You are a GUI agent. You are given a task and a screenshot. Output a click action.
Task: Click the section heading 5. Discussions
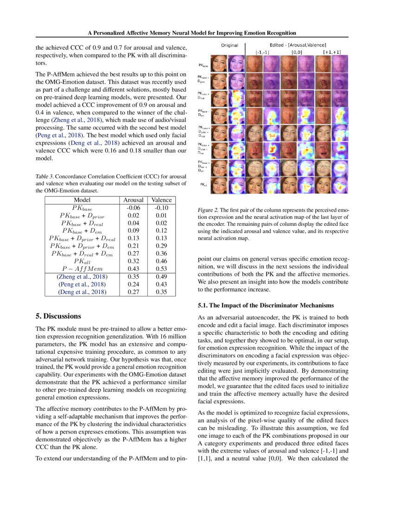[58, 316]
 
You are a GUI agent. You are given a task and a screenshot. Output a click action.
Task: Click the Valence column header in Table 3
[161, 200]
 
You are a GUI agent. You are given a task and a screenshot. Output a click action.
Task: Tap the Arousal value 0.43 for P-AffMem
[133, 269]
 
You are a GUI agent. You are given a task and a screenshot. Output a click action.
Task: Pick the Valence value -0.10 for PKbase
[161, 207]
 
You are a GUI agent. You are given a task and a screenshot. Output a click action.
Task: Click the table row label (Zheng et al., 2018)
[82, 277]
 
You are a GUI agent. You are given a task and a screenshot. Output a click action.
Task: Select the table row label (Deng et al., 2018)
[82, 292]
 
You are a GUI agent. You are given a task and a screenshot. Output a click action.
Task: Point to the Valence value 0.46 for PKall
[161, 261]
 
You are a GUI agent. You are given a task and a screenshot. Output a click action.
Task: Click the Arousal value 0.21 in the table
[133, 246]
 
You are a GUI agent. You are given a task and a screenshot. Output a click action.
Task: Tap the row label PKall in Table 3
[82, 261]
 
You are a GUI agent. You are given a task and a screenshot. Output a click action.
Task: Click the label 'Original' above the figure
[229, 45]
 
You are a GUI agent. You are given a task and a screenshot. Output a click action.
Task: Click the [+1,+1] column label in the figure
[331, 52]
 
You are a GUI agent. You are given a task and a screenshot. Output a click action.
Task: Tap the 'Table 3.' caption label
[46, 177]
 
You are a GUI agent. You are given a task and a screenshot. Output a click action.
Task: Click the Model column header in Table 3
[82, 200]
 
